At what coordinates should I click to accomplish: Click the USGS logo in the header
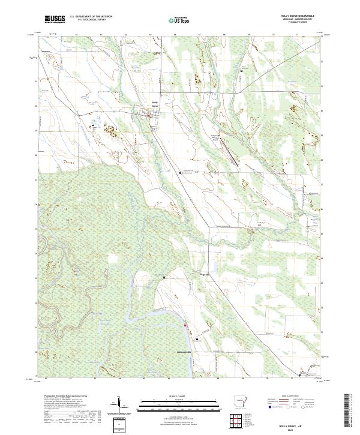point(55,19)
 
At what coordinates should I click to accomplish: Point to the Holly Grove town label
point(154,104)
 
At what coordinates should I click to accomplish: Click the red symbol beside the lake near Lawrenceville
point(185,326)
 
